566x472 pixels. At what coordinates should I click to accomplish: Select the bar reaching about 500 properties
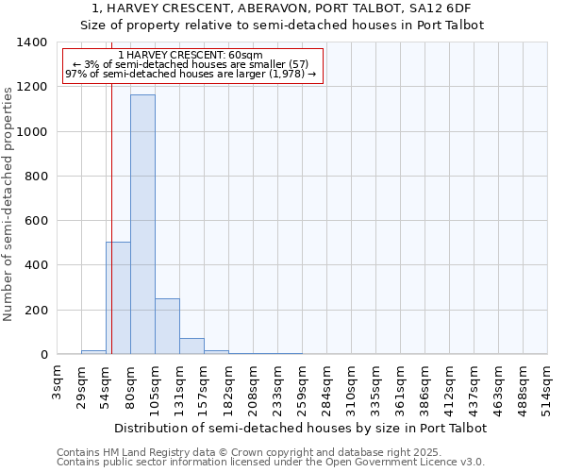[118, 298]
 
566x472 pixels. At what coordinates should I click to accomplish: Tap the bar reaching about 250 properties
[167, 327]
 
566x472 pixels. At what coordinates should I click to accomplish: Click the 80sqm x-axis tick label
[130, 382]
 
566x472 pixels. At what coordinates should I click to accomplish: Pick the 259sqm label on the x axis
[302, 385]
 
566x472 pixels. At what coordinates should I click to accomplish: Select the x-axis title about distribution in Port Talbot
[301, 428]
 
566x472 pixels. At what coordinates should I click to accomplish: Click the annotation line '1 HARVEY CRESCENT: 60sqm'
[192, 56]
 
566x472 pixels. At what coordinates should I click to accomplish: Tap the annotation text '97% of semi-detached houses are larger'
[192, 75]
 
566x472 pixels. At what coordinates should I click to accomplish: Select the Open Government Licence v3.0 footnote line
[271, 463]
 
